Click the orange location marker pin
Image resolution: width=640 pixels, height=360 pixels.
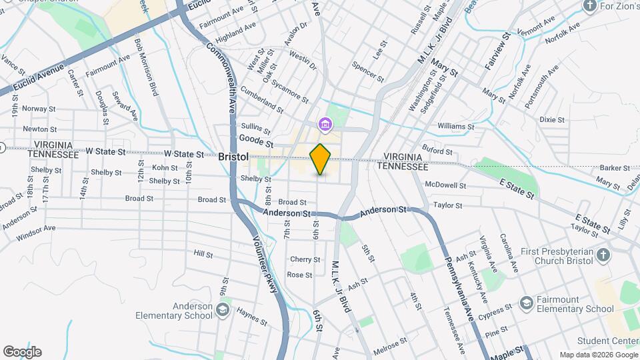(321, 159)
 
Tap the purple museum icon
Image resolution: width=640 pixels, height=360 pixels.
(325, 124)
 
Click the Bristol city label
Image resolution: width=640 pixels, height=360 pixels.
(233, 156)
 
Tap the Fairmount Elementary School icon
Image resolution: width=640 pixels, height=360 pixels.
(526, 303)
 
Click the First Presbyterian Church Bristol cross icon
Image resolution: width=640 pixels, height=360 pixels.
(602, 255)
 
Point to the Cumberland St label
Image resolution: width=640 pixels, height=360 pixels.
(262, 98)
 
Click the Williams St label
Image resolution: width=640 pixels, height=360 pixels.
(456, 126)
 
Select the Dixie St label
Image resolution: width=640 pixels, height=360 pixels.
(552, 120)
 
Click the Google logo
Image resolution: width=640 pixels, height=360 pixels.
(22, 351)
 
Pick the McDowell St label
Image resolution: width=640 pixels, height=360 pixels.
(447, 185)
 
